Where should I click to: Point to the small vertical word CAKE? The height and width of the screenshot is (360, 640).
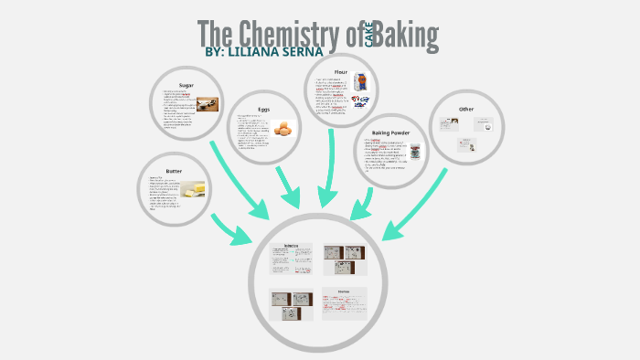(x=369, y=37)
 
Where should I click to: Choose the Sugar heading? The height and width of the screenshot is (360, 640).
(x=186, y=85)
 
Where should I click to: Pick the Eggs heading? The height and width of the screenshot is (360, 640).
(x=263, y=110)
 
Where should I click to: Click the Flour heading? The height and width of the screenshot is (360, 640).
(x=340, y=71)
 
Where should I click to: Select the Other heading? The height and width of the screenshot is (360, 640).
(x=466, y=109)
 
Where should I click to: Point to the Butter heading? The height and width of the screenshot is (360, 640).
(x=175, y=171)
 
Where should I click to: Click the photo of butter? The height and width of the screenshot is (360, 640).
(x=193, y=189)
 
